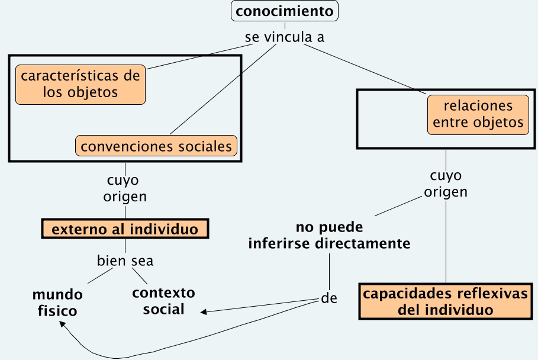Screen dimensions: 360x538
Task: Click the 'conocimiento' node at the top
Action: [x=284, y=11]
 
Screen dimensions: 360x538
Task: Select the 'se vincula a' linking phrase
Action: [x=284, y=37]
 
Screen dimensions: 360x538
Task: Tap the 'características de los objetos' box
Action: [x=80, y=84]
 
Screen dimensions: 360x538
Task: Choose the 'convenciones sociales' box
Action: [x=156, y=146]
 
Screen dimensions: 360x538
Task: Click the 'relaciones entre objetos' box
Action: [x=478, y=114]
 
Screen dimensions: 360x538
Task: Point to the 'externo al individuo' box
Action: [x=125, y=229]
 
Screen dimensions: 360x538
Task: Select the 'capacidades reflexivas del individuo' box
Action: [x=446, y=302]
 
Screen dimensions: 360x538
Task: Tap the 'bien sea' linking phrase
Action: [x=125, y=261]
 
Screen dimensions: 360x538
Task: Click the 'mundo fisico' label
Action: [x=57, y=302]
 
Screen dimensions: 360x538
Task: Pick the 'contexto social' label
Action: [x=163, y=301]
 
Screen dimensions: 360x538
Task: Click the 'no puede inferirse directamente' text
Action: [x=329, y=236]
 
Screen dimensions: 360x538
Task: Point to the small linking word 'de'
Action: [x=329, y=298]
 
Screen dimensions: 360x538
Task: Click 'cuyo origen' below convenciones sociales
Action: [x=125, y=188]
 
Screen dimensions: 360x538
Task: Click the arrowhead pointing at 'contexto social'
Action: [x=204, y=311]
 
